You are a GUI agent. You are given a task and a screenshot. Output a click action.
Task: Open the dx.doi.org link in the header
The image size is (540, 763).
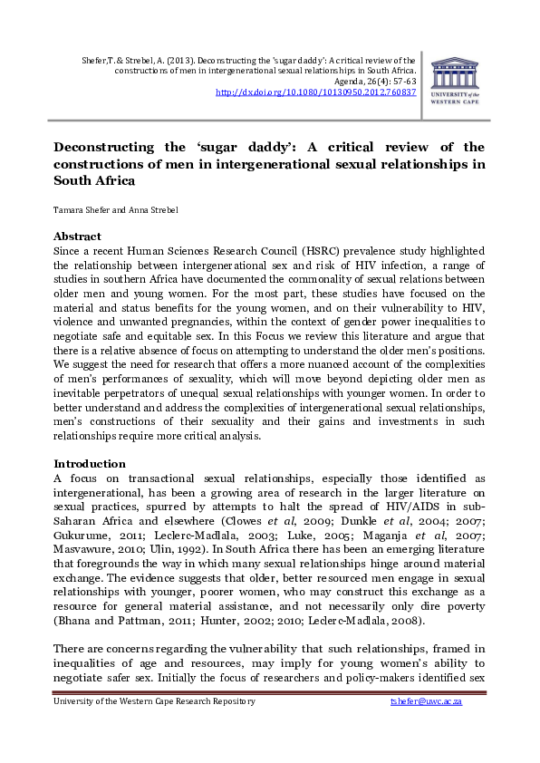coord(315,92)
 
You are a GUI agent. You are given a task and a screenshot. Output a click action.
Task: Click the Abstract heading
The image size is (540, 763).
coord(77,237)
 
